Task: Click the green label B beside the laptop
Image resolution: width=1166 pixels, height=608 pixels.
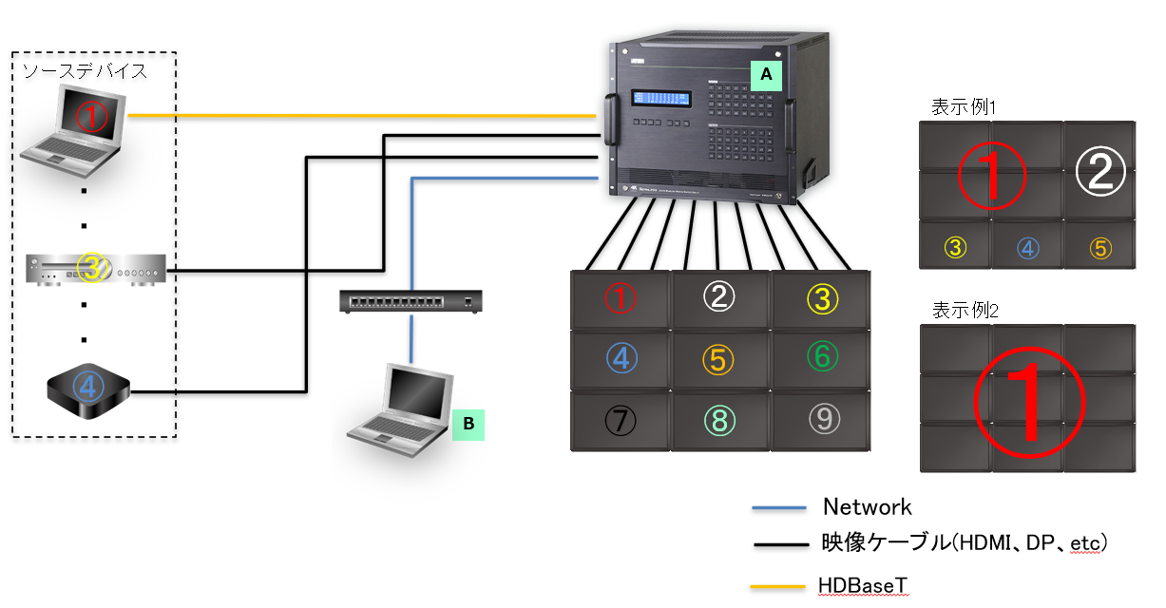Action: (468, 423)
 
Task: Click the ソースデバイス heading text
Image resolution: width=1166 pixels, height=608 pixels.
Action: (85, 71)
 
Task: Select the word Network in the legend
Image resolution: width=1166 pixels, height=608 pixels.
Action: (867, 506)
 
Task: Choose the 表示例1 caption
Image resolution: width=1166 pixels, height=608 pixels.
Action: (964, 106)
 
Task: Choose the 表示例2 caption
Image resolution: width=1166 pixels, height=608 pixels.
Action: (964, 310)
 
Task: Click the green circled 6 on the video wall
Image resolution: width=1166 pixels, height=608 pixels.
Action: (821, 357)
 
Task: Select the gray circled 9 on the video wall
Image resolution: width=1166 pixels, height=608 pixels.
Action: (821, 418)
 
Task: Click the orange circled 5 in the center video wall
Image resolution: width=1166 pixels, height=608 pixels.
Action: (719, 359)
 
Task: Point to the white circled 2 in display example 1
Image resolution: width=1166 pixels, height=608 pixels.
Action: (1099, 172)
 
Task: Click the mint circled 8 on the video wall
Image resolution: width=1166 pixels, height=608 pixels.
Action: (719, 419)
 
